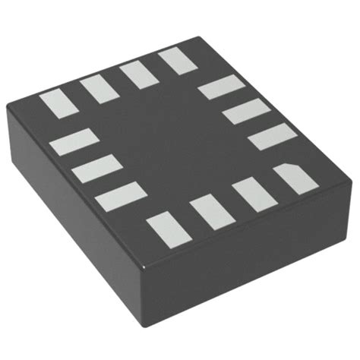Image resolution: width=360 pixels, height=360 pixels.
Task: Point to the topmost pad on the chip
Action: point(175,61)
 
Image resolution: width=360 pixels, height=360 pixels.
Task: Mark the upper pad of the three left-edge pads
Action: point(74,142)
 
